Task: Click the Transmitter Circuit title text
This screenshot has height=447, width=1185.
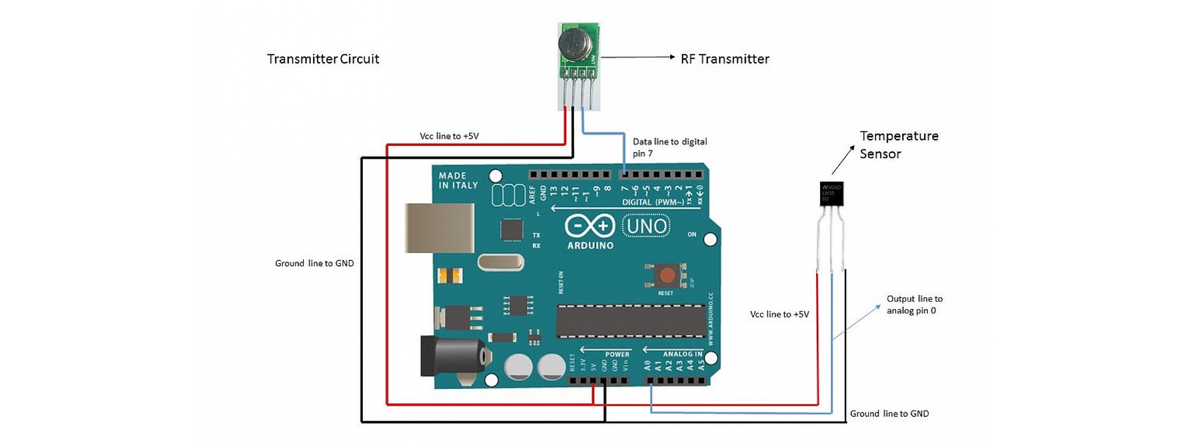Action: point(323,59)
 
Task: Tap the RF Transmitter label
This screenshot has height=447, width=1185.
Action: point(724,59)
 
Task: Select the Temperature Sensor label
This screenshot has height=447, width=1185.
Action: point(898,145)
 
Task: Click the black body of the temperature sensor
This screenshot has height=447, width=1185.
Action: point(831,193)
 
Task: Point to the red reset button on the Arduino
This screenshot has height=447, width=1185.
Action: point(666,275)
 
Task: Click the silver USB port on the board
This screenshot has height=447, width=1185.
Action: point(439,228)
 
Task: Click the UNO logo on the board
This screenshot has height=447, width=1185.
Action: point(646,226)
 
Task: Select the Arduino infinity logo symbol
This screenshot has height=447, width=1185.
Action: point(590,226)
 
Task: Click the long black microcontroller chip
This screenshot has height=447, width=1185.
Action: point(631,321)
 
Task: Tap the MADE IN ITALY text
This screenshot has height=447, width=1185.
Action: point(458,180)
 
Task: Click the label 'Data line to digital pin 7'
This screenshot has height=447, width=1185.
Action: point(669,148)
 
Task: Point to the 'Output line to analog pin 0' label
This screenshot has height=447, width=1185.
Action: point(914,305)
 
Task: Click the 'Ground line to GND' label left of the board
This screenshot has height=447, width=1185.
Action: point(314,263)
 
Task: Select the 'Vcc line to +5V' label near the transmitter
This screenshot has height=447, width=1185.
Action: point(449,136)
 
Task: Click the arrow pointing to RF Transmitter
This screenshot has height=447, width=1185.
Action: point(638,57)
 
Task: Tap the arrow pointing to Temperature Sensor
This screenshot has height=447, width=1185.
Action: point(843,160)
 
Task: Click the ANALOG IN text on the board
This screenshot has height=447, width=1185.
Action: point(682,354)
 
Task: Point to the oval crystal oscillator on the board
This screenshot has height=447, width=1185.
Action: point(501,262)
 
